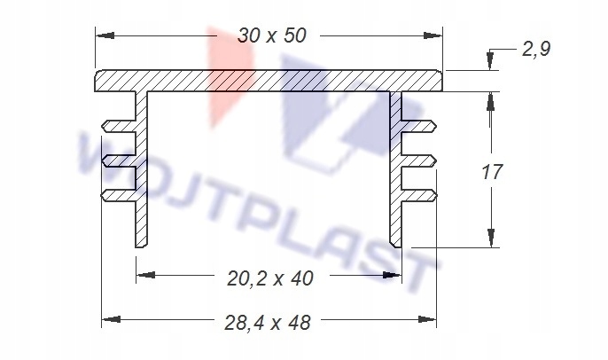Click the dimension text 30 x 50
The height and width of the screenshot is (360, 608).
(272, 35)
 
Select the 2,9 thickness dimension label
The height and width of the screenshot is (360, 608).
(536, 50)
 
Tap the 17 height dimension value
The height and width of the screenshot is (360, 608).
(492, 172)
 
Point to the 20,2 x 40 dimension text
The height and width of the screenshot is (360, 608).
(269, 278)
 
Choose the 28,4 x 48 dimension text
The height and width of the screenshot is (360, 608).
(268, 323)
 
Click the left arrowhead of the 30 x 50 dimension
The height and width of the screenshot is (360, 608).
(105, 35)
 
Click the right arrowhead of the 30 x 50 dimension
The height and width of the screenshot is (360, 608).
(433, 35)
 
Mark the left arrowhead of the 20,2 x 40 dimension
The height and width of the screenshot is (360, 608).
(145, 275)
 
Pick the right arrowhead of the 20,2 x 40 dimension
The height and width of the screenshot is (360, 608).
(392, 275)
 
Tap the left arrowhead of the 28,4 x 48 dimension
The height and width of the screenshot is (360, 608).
(111, 319)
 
